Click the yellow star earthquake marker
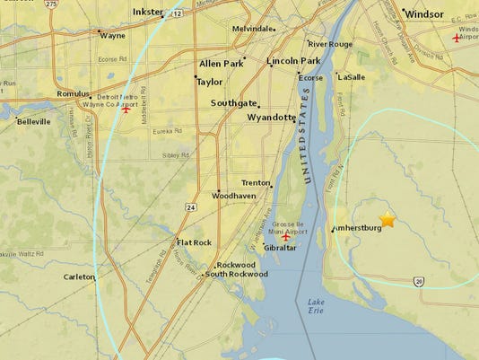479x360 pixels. [388, 218]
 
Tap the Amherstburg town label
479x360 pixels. [358, 228]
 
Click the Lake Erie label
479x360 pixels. [319, 308]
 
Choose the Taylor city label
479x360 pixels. [209, 82]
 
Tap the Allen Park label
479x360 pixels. [222, 65]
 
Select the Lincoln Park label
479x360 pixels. [293, 61]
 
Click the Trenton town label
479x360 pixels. [256, 182]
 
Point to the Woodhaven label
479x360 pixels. [233, 195]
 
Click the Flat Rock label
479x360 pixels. [194, 242]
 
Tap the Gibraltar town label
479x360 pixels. [280, 248]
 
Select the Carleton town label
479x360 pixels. [78, 277]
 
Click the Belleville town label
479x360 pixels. [34, 120]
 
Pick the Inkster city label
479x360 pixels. [147, 12]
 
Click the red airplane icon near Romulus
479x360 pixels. [126, 110]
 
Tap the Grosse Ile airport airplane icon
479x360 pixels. [287, 237]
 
